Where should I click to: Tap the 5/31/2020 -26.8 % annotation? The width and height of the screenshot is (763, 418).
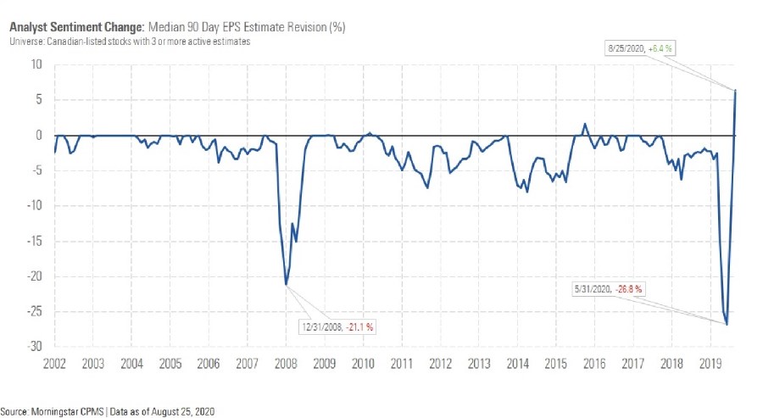[610, 288]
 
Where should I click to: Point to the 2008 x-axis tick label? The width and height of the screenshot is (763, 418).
[286, 364]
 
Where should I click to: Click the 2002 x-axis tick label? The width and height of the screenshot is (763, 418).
[55, 364]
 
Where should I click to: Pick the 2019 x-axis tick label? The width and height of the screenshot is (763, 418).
[710, 364]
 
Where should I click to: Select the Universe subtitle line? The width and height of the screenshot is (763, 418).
[131, 42]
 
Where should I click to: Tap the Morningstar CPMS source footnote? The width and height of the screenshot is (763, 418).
[108, 411]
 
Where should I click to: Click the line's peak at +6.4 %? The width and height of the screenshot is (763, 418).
[735, 90]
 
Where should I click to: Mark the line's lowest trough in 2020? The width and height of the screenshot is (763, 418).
[727, 324]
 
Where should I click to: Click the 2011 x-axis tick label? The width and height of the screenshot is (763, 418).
[401, 364]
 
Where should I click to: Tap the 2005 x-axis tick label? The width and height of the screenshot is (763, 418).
[170, 364]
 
